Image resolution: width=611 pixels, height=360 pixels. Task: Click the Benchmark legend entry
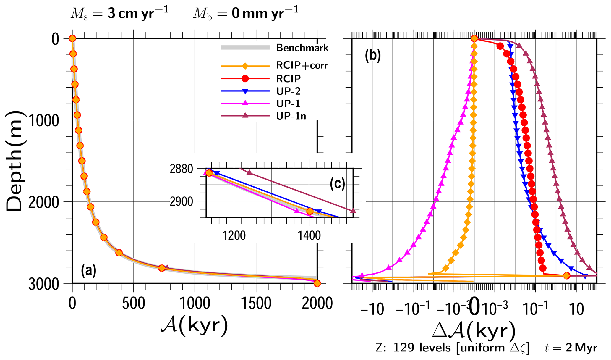(x=302, y=48)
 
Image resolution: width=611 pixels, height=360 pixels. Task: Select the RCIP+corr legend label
(x=302, y=65)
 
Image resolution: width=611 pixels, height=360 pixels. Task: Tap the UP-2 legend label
(x=288, y=91)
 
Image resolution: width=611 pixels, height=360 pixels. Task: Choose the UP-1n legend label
(x=291, y=116)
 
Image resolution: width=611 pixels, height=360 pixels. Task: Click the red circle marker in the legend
(x=245, y=79)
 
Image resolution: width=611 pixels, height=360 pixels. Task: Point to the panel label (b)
(x=372, y=55)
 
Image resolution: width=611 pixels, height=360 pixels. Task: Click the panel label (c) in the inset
(x=337, y=184)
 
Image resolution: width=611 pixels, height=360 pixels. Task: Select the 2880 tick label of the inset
(x=181, y=169)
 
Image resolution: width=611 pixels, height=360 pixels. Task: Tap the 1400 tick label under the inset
(x=309, y=236)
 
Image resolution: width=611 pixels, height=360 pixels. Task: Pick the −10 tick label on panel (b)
(x=372, y=309)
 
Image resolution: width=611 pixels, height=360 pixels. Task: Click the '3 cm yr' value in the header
(x=138, y=14)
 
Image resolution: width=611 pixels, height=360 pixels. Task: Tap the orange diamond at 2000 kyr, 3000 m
(x=317, y=283)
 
